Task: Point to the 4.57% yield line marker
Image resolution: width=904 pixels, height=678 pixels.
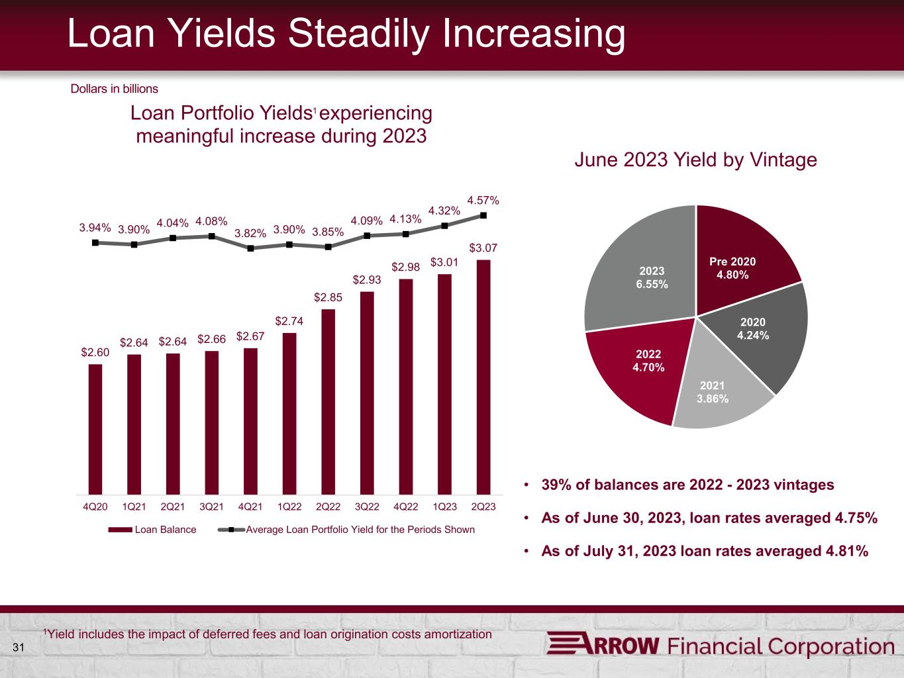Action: [483, 215]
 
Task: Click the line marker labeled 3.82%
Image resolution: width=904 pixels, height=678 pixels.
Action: [250, 248]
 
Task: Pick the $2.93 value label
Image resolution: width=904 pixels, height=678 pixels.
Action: [366, 280]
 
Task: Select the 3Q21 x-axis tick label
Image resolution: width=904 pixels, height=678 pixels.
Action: [211, 507]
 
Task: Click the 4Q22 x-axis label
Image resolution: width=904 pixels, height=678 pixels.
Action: [405, 507]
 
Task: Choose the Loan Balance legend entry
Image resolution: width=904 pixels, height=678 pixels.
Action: [152, 530]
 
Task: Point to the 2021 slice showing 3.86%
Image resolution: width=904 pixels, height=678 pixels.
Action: [715, 391]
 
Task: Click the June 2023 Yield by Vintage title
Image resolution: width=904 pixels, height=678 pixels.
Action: [695, 160]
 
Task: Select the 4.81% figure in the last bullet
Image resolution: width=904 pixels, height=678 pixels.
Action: [846, 551]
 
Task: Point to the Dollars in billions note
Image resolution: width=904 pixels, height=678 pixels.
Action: [115, 88]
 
